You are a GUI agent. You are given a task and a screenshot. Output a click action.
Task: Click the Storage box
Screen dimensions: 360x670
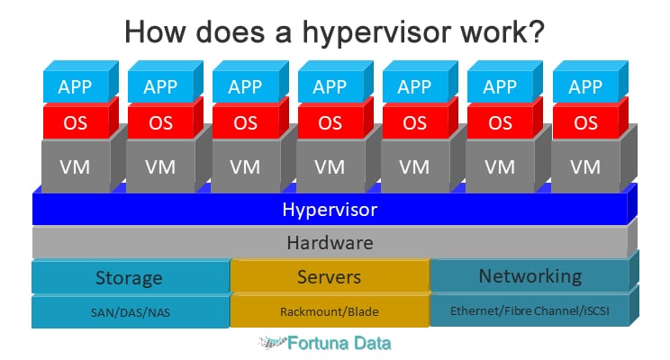point(129,276)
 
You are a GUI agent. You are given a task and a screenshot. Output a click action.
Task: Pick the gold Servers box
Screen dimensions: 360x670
point(329,276)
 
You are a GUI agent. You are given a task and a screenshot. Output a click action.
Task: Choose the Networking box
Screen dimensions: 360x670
point(530,275)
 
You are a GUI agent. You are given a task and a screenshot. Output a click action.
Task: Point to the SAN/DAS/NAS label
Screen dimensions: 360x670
point(129,311)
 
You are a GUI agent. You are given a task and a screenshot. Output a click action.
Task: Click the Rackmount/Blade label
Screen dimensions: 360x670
point(329,311)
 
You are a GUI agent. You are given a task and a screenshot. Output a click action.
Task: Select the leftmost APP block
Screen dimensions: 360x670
point(75,87)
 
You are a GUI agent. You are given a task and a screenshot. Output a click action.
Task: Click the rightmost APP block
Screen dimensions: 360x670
point(585,87)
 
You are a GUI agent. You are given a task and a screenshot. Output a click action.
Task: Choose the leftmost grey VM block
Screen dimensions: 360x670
point(75,166)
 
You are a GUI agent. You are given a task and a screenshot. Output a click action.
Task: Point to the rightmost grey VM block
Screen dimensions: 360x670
point(585,166)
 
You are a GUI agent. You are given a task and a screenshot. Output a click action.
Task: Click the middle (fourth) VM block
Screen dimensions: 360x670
point(330,166)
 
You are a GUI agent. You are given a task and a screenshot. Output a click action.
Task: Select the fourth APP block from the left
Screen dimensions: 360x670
point(330,87)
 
